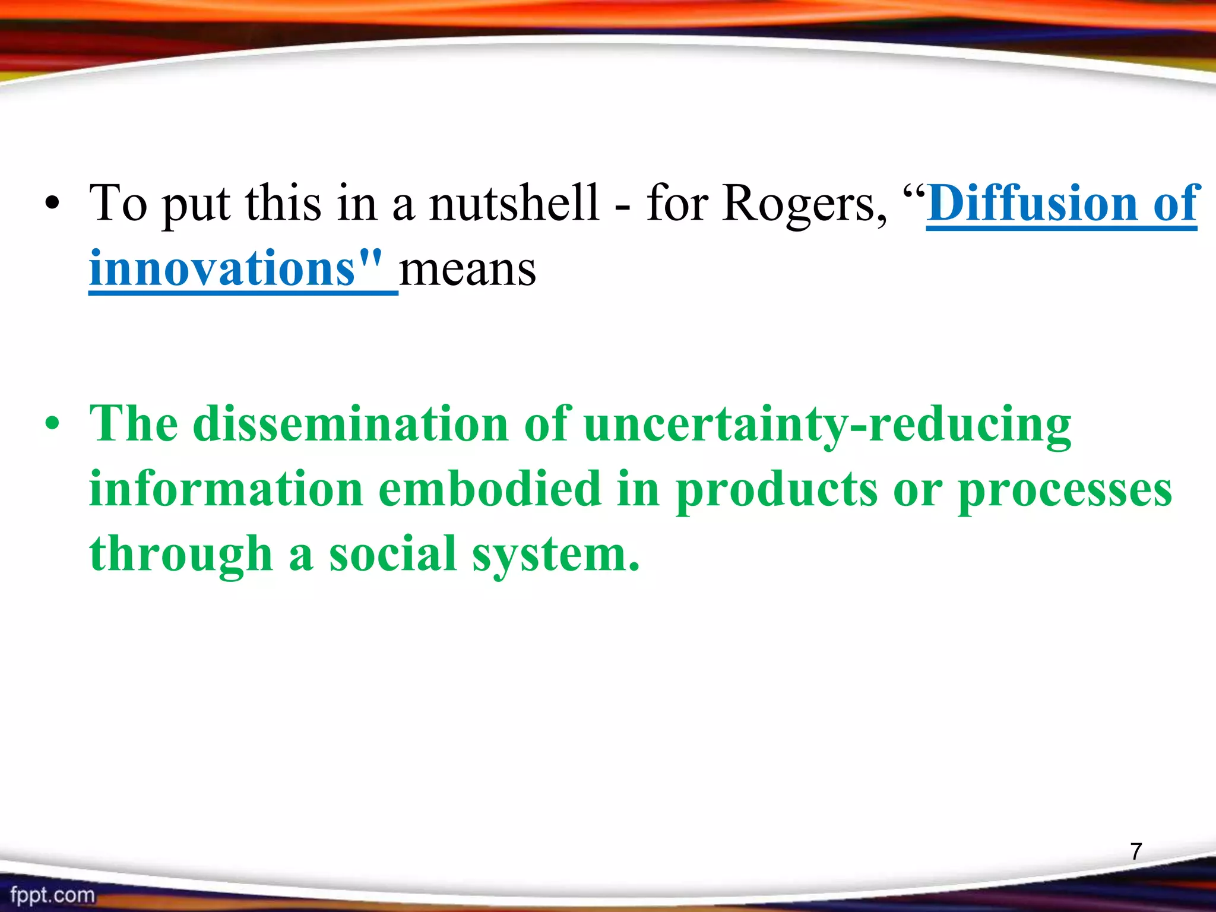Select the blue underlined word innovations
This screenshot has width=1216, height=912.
(x=222, y=269)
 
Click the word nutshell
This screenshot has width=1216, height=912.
(x=514, y=204)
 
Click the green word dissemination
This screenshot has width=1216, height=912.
(x=350, y=425)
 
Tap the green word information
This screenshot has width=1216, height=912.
(x=226, y=489)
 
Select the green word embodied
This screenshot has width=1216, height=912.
(x=490, y=489)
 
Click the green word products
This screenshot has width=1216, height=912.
(x=777, y=490)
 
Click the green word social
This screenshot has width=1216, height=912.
(x=392, y=553)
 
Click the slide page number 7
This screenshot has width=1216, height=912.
(x=1136, y=851)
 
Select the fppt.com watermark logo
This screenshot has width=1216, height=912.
(x=52, y=894)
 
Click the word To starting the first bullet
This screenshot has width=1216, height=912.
(x=118, y=204)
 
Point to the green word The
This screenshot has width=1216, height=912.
(x=134, y=425)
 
